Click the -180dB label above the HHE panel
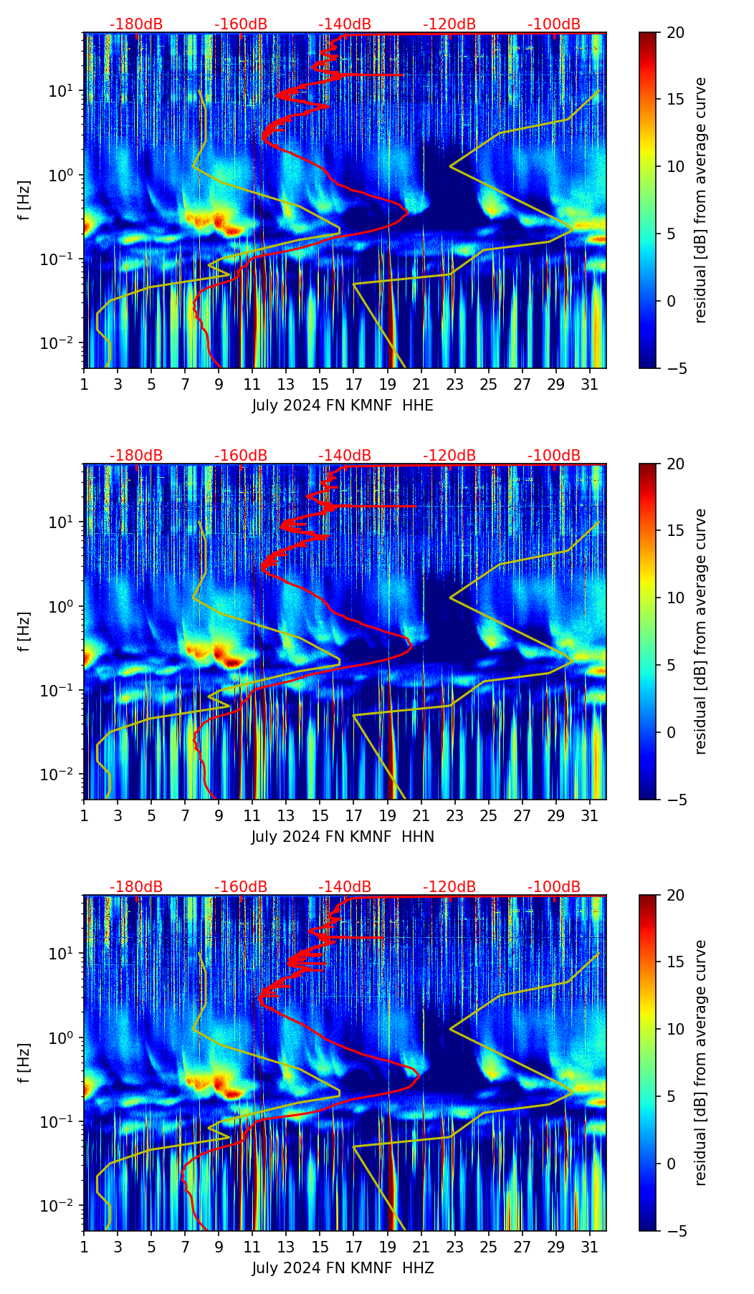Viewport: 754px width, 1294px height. pyautogui.click(x=136, y=24)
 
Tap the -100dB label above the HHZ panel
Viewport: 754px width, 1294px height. pyautogui.click(x=554, y=887)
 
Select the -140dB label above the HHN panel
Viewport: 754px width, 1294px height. pyautogui.click(x=345, y=456)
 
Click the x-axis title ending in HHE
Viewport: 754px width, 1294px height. pyautogui.click(x=343, y=406)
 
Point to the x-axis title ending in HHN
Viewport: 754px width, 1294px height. pyautogui.click(x=343, y=837)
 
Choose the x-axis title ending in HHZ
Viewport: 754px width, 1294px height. pyautogui.click(x=343, y=1268)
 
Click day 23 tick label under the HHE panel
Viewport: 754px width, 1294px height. pyautogui.click(x=454, y=385)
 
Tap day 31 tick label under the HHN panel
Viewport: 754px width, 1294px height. pyautogui.click(x=589, y=816)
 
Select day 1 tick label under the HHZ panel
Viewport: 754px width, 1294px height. pyautogui.click(x=85, y=1247)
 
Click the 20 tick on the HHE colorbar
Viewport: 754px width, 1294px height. pyautogui.click(x=673, y=32)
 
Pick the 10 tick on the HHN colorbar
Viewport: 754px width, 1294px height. pyautogui.click(x=673, y=598)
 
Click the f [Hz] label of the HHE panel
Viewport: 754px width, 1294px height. pyautogui.click(x=24, y=201)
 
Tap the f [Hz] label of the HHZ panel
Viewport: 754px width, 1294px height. pyautogui.click(x=24, y=1063)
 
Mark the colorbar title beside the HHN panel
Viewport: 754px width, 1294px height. pyautogui.click(x=701, y=631)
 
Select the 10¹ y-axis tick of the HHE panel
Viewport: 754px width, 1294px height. pyautogui.click(x=65, y=91)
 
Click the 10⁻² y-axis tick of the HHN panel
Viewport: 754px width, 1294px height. pyautogui.click(x=62, y=775)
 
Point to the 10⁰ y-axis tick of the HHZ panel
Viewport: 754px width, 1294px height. pyautogui.click(x=65, y=1037)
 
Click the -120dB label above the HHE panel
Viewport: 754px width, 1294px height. pyautogui.click(x=449, y=24)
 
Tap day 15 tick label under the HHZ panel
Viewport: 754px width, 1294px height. pyautogui.click(x=320, y=1247)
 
